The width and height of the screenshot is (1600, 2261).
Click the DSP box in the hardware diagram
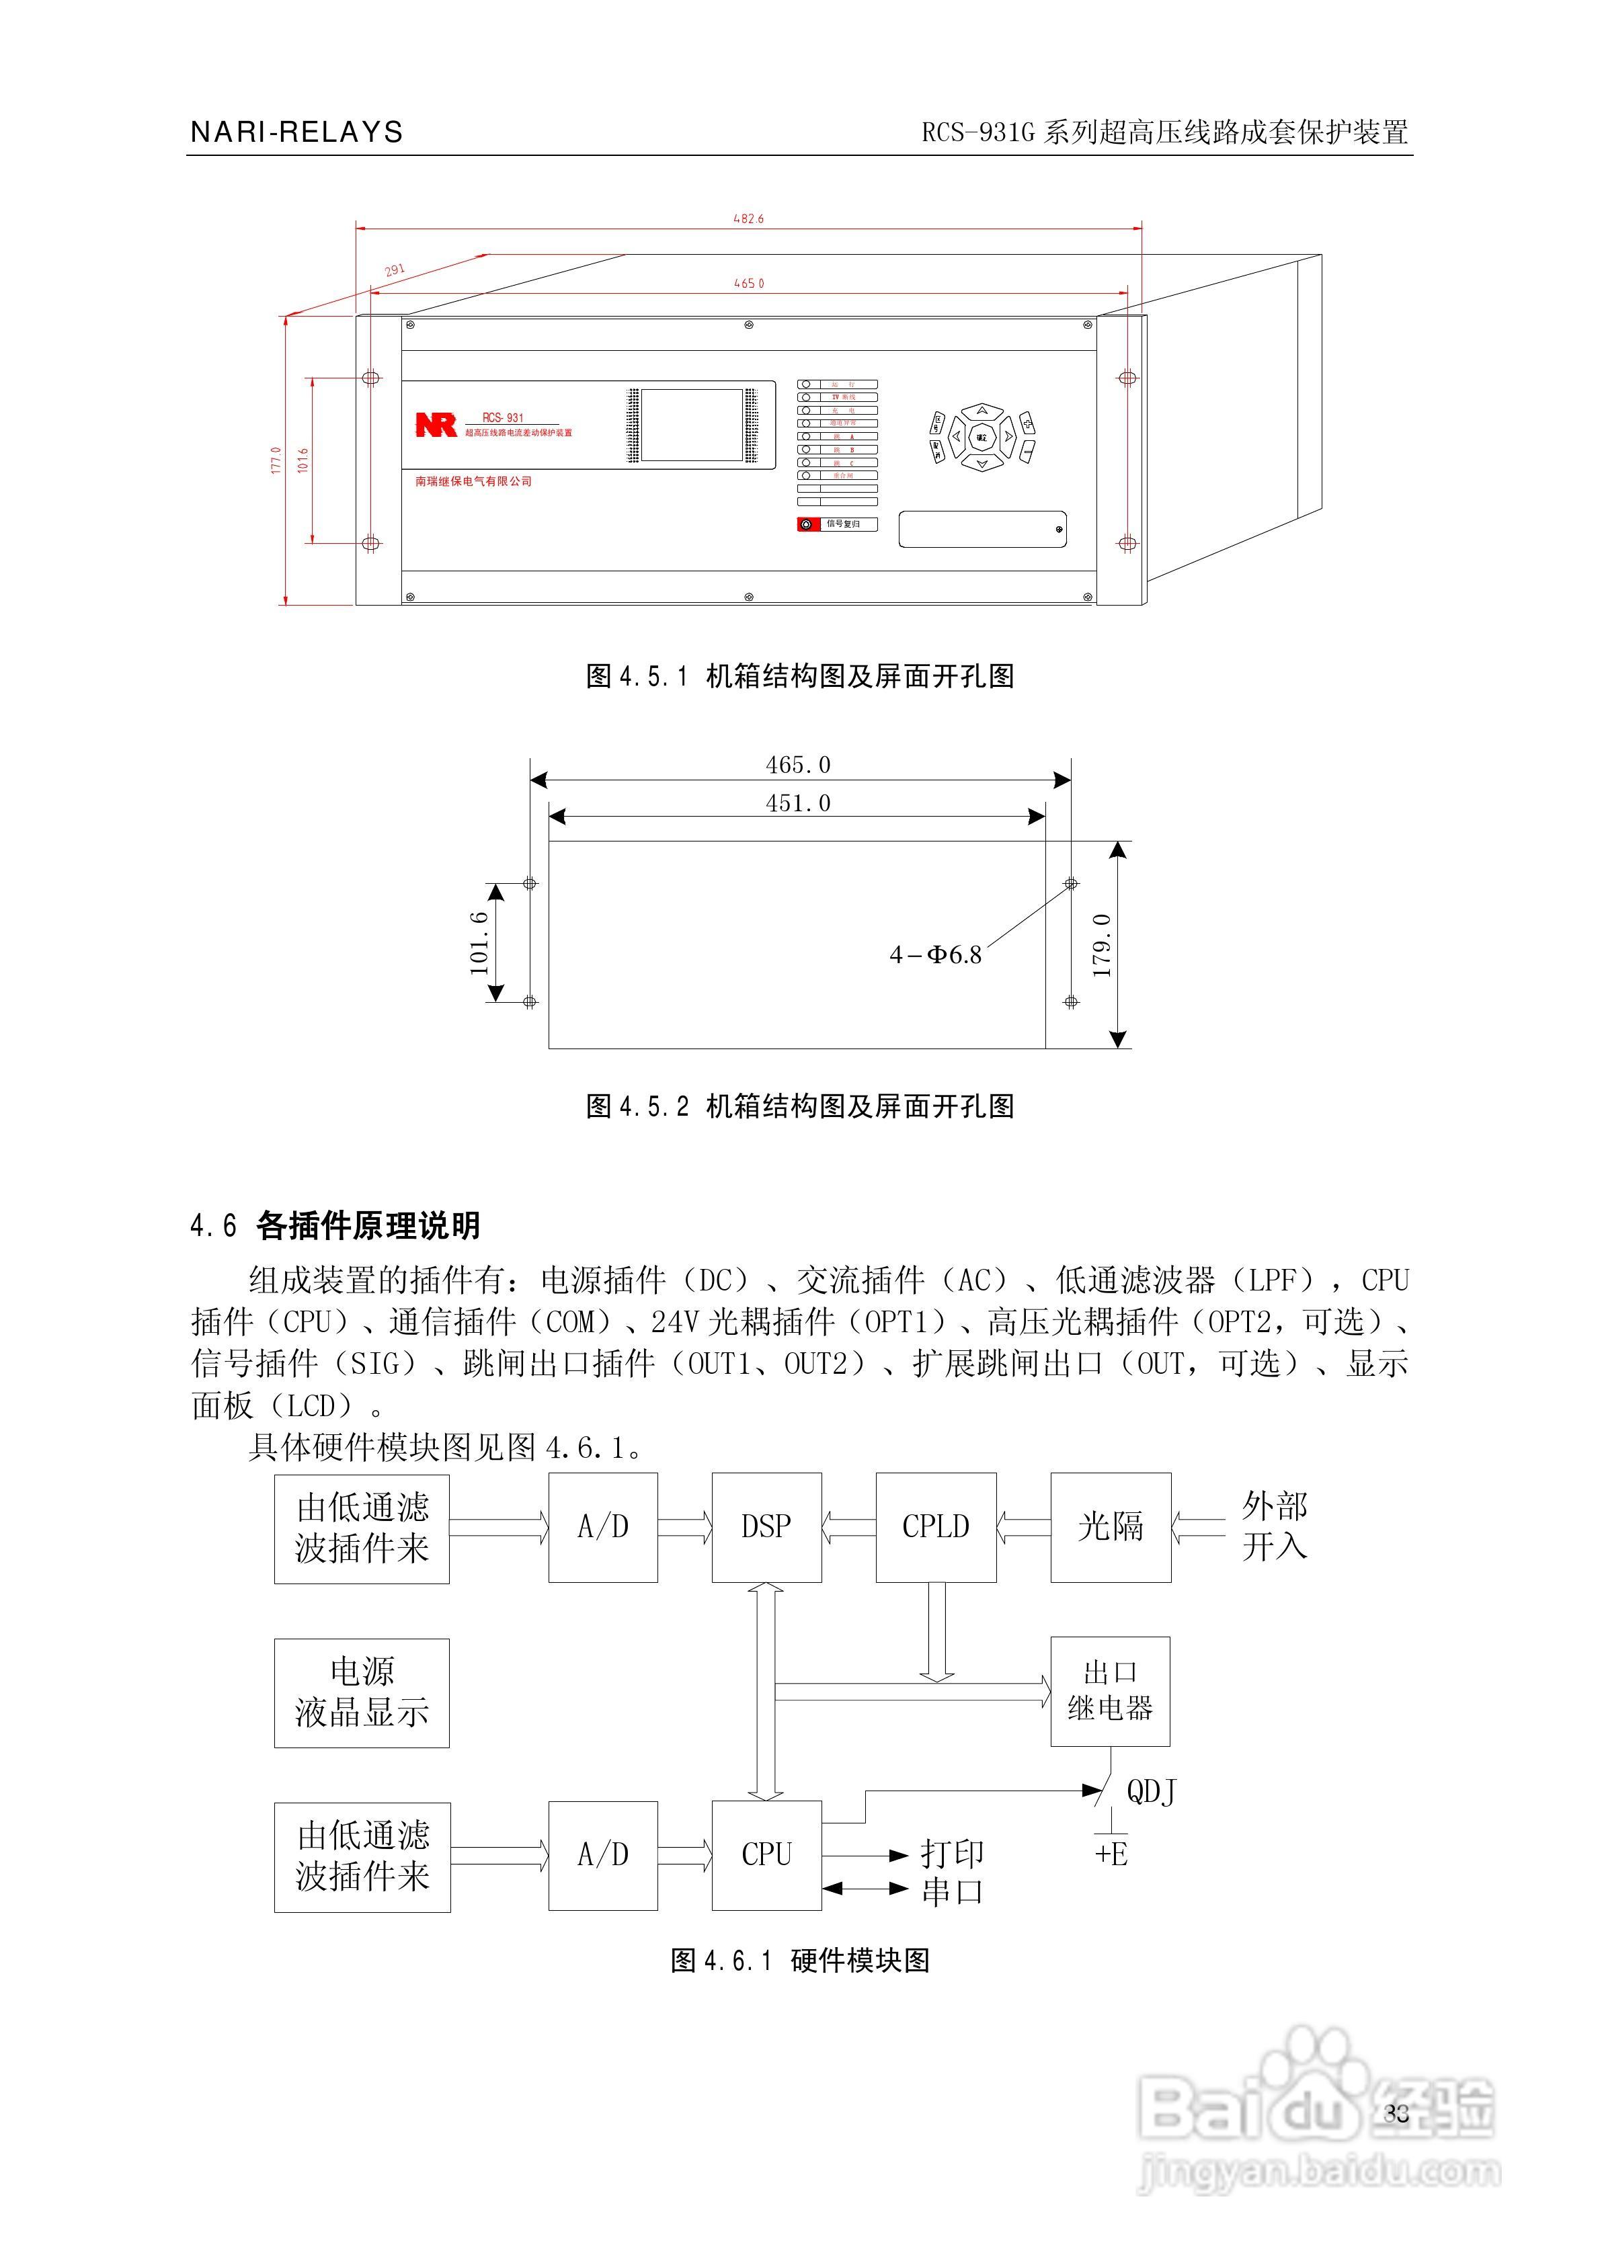click(766, 1526)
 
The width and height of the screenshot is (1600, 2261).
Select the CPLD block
click(935, 1526)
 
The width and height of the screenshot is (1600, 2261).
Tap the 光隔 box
click(1111, 1526)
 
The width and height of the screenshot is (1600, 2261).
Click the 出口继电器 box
click(1111, 1691)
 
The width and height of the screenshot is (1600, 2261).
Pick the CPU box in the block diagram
click(766, 1854)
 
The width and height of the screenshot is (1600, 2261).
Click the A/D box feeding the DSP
click(603, 1526)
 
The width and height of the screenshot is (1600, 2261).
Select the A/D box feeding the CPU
click(603, 1854)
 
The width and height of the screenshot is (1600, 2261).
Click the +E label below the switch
click(1111, 1854)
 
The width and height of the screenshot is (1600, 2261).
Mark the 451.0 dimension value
click(798, 803)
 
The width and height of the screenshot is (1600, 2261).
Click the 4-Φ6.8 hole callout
click(936, 954)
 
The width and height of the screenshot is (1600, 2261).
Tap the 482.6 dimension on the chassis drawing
click(749, 218)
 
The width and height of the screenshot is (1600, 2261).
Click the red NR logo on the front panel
click(436, 424)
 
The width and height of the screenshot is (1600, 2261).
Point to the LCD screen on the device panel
click(692, 424)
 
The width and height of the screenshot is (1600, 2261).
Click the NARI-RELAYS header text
click(296, 132)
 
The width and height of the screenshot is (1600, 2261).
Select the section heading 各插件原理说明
click(368, 1226)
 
